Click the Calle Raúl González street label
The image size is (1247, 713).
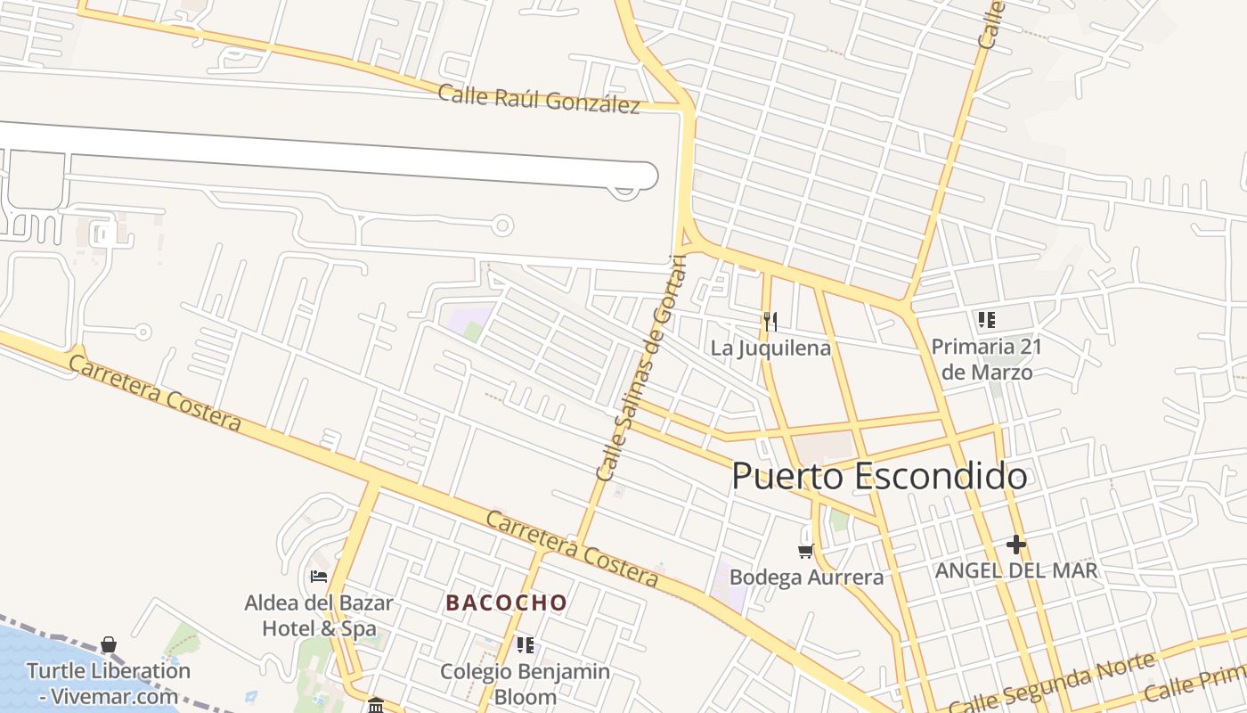pos(539,98)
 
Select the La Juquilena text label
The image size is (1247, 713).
pos(770,348)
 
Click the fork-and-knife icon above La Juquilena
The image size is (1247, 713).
pos(770,321)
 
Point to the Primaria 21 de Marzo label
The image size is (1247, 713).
pos(986,358)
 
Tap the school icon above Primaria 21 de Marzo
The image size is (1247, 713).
pos(986,319)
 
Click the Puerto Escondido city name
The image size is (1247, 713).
pos(878,476)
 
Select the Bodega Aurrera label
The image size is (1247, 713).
pos(806,577)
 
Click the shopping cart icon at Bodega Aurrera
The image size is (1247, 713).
pos(806,552)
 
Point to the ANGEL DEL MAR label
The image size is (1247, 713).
pos(1015,570)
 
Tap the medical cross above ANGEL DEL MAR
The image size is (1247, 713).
pos(1015,544)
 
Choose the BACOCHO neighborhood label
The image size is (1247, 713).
pos(506,602)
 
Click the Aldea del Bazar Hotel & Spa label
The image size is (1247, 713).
pos(319,615)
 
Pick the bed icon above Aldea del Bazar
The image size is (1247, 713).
pos(319,577)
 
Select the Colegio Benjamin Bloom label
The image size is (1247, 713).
pos(526,684)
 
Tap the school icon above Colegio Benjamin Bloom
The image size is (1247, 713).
pos(526,644)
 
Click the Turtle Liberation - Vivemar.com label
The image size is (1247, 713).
pos(108,684)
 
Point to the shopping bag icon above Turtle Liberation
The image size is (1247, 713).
pos(108,644)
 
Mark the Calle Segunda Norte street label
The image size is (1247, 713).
pos(1051,683)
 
